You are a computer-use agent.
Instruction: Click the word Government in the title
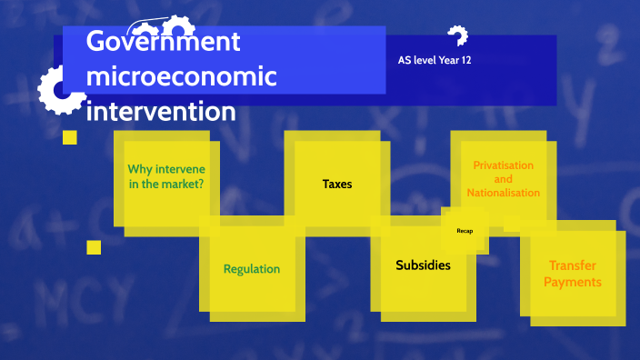pos(163,43)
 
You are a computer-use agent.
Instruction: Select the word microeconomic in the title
pos(181,77)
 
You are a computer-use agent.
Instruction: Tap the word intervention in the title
pos(160,112)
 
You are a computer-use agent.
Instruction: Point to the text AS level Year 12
pos(434,61)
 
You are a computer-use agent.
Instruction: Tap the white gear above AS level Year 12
pos(457,36)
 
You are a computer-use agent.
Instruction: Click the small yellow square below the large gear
pos(69,137)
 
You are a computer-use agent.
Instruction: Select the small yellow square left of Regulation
pos(94,247)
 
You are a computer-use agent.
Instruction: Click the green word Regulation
pos(252,269)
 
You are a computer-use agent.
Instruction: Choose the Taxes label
pos(337,185)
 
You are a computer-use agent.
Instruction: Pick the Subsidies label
pos(423,265)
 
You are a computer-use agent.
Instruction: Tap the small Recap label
pos(465,231)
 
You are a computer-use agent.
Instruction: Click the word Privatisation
pos(503,165)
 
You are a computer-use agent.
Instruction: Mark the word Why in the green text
pos(139,169)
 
